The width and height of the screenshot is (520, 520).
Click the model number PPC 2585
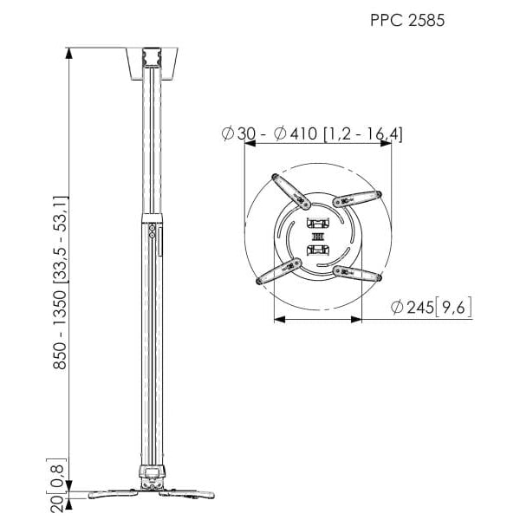[407, 20]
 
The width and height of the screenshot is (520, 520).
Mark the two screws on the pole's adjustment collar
[153, 234]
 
